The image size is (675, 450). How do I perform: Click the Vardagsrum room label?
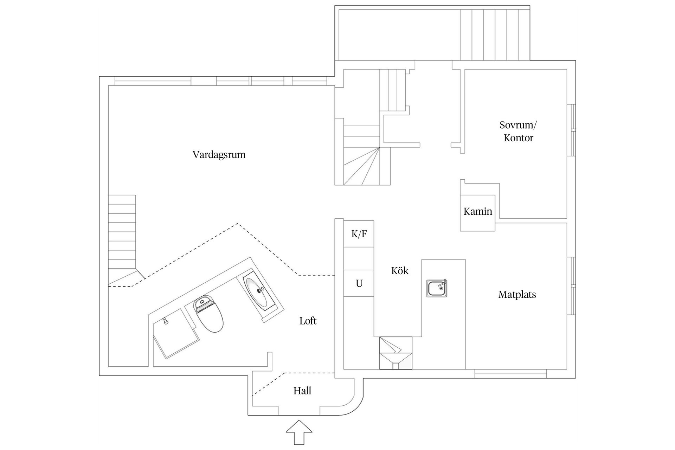(x=219, y=155)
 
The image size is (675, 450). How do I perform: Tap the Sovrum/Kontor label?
(x=518, y=131)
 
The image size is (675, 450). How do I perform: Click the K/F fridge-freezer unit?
(x=359, y=234)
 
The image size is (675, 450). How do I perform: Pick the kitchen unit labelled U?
(x=359, y=283)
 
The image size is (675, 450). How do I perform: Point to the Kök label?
(x=400, y=271)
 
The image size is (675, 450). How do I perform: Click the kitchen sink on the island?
(x=437, y=288)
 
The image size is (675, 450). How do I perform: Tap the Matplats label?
(x=517, y=295)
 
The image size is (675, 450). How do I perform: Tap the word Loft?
(x=308, y=321)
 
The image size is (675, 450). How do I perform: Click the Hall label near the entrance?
(x=302, y=391)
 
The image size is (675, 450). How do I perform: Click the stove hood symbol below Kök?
(x=396, y=353)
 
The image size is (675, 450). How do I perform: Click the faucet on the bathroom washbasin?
(x=261, y=290)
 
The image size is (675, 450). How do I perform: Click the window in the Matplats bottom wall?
(x=510, y=373)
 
